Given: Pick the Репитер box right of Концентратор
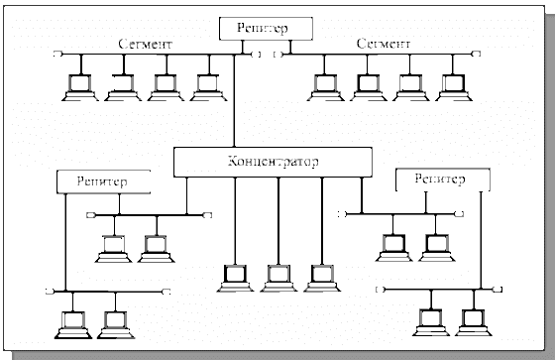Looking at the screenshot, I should (x=441, y=180).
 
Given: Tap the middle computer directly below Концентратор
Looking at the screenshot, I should (x=277, y=278).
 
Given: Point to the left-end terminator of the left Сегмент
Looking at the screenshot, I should (x=59, y=54).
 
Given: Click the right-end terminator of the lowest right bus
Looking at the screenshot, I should (x=495, y=290).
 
